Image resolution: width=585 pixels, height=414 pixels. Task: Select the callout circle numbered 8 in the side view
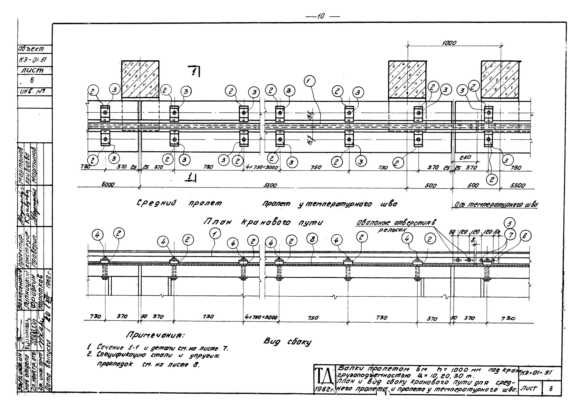(313, 239)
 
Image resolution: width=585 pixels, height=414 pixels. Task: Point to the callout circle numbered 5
(509, 223)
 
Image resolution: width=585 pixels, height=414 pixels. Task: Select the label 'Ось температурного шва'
(496, 204)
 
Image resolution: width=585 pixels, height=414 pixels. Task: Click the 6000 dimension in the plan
(108, 184)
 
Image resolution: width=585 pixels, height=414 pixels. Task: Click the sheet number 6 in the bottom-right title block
(551, 389)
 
